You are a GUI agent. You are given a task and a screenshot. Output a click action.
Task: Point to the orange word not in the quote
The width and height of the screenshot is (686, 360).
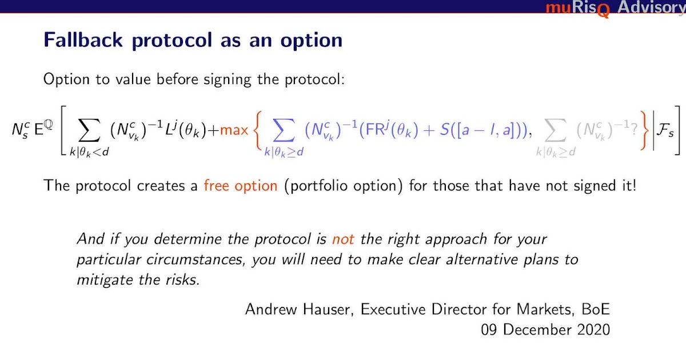pyautogui.click(x=344, y=239)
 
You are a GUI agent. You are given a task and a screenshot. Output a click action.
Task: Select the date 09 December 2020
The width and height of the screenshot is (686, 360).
pyautogui.click(x=545, y=330)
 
